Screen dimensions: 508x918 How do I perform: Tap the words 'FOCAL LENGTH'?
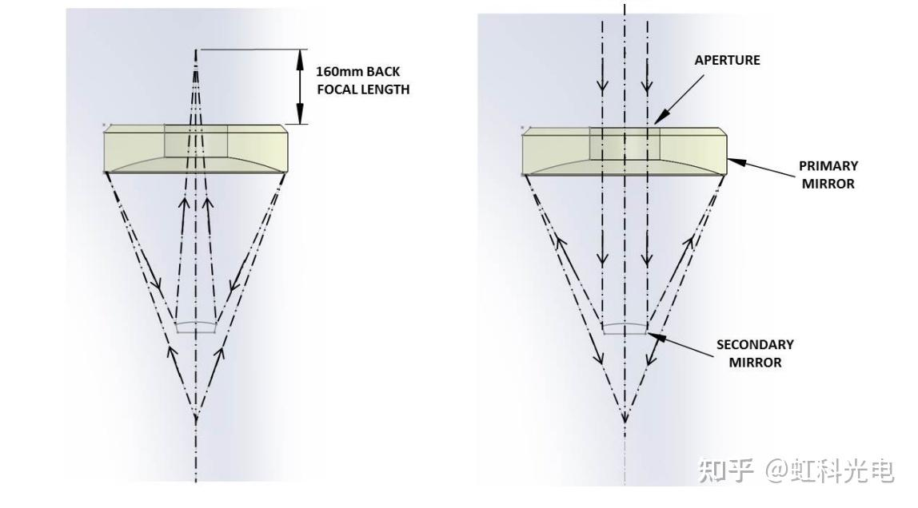click(363, 89)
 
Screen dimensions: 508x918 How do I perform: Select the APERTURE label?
click(727, 60)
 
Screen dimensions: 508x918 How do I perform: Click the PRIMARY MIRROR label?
click(828, 174)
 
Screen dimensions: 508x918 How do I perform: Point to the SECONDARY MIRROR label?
click(754, 353)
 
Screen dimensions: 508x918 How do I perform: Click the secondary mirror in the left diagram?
click(196, 326)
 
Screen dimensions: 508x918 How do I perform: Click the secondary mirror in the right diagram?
click(625, 328)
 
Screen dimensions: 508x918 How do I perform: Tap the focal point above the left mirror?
click(196, 51)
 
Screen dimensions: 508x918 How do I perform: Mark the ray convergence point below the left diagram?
click(196, 415)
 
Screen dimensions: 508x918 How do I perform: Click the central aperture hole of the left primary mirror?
click(196, 141)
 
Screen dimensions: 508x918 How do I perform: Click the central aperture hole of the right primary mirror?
click(625, 144)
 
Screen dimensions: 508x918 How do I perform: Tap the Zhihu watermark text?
click(795, 470)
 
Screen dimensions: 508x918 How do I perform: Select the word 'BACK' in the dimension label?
click(383, 72)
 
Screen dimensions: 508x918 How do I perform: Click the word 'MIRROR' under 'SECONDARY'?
click(754, 362)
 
